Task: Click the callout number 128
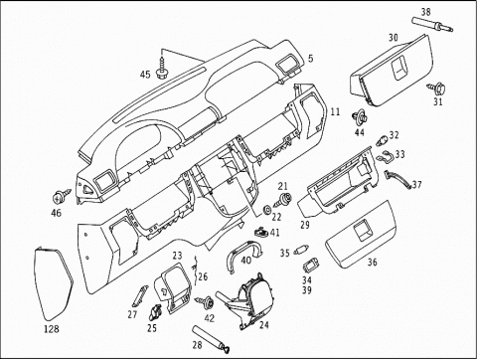coord(52,329)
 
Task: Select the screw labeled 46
coord(62,196)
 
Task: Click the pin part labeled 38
coord(432,25)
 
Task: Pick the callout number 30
coord(394,38)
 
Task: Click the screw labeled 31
coord(437,89)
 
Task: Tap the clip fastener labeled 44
coord(360,117)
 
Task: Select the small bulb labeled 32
coord(383,140)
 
